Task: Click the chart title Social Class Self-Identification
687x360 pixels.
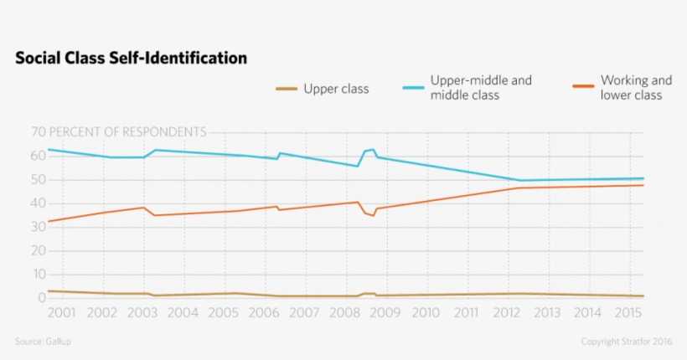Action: pos(131,59)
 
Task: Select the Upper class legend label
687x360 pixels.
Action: pos(336,89)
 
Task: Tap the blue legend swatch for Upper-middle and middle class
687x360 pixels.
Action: pos(413,88)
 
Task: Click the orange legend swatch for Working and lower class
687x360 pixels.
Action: pos(583,88)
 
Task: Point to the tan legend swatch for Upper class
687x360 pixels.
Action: pos(287,89)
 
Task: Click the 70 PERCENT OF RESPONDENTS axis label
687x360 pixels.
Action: pos(118,132)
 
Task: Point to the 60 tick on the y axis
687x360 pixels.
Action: pos(37,156)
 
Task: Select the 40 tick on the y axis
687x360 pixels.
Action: pos(37,203)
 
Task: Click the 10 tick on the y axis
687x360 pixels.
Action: pos(37,275)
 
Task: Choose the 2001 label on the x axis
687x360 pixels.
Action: pos(61,313)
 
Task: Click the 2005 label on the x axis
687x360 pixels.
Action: pos(223,313)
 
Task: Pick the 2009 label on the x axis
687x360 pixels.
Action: pos(385,313)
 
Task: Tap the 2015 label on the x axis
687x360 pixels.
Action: pos(628,313)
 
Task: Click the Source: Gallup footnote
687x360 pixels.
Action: pos(49,342)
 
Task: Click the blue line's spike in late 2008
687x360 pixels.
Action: pos(372,149)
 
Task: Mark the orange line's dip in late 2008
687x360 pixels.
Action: pos(374,216)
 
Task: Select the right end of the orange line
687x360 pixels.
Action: pos(643,185)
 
